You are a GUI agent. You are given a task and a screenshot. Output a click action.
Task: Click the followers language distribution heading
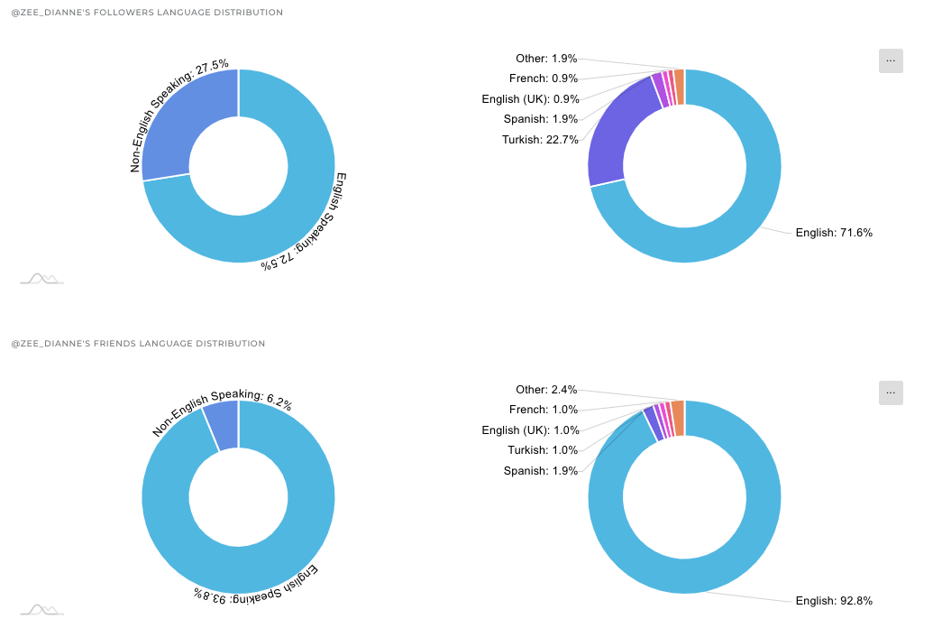[146, 13]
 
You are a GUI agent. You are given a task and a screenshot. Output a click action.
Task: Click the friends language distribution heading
[138, 344]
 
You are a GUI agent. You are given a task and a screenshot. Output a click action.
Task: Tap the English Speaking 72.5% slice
[270, 226]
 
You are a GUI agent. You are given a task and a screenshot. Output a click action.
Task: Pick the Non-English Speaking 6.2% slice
[223, 424]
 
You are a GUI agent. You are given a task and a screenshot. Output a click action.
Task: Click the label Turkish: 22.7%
[540, 139]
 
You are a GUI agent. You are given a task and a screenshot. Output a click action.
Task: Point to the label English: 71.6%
[833, 233]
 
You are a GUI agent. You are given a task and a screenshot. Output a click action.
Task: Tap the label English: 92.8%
[833, 601]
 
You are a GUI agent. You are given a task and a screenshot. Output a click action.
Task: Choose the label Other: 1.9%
[546, 59]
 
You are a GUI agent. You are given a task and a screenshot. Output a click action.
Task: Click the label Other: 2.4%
[546, 390]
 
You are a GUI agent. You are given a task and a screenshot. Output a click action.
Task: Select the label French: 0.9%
[544, 78]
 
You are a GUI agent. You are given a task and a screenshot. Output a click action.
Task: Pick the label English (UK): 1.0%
[529, 430]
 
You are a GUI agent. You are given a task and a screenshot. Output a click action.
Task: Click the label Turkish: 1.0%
[542, 450]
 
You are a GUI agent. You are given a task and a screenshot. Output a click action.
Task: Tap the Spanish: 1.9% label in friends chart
[540, 471]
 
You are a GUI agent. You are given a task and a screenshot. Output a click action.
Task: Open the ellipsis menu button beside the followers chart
[891, 60]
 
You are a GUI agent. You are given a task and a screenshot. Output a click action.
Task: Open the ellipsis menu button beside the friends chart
[891, 392]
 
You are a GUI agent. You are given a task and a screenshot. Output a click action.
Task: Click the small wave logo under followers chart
[41, 279]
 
